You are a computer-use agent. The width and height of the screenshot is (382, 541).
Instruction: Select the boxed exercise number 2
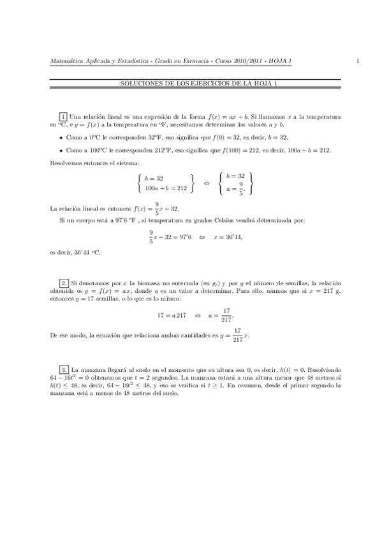[x=64, y=282]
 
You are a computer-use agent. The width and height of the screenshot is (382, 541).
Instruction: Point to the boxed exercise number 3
[x=64, y=369]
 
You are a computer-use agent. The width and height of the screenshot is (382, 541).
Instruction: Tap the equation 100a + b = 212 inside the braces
[x=165, y=188]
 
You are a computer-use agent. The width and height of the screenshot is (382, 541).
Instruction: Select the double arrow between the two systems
[x=205, y=182]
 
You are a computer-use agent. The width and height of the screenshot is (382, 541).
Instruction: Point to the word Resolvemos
[x=65, y=163]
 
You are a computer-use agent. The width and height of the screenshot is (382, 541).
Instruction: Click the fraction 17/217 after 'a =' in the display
[x=226, y=315]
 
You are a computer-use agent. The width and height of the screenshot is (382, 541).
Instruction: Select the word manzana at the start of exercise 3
[x=93, y=369]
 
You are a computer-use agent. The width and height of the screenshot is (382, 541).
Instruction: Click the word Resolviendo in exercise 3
[x=325, y=369]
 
